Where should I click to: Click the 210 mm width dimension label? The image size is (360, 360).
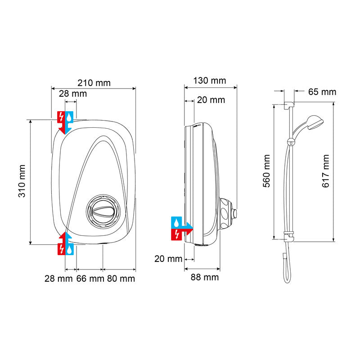point(94,83)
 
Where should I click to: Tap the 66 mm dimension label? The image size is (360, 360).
point(90,279)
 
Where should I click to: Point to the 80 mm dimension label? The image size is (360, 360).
point(121,279)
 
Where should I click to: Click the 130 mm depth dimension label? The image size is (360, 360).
point(209,81)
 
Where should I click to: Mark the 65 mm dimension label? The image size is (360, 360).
point(322,92)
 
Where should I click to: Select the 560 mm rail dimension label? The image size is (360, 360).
point(267,171)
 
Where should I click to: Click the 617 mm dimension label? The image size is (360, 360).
point(326,171)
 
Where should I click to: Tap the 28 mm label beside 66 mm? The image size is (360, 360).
point(58,279)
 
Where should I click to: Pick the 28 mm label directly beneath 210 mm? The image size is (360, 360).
point(73,94)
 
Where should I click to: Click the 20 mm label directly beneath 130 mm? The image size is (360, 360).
point(211,100)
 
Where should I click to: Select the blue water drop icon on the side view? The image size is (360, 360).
point(177,222)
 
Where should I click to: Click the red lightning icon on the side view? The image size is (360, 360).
point(177,234)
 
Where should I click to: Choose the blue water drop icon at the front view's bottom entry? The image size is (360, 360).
point(69,249)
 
